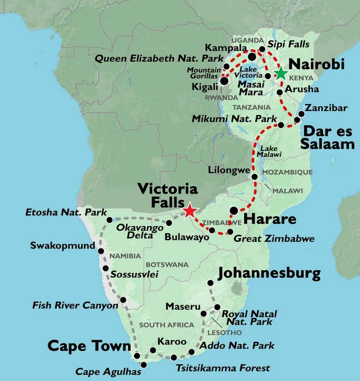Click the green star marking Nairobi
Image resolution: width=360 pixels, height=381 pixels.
pos(280,73)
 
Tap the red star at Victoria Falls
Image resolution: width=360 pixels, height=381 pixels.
pos(190,210)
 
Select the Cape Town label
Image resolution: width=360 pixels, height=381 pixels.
pos(89,346)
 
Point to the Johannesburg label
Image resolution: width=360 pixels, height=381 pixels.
pos(269,274)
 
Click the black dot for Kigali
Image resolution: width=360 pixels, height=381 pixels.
pos(224,81)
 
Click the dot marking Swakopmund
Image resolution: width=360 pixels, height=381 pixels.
pos(101,251)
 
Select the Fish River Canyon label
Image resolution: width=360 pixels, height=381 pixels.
pos(75,305)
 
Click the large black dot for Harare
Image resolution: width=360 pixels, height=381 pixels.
pos(233,210)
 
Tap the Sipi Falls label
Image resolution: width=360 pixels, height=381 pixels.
pos(288,44)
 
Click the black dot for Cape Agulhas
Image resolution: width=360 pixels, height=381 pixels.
pos(144,365)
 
